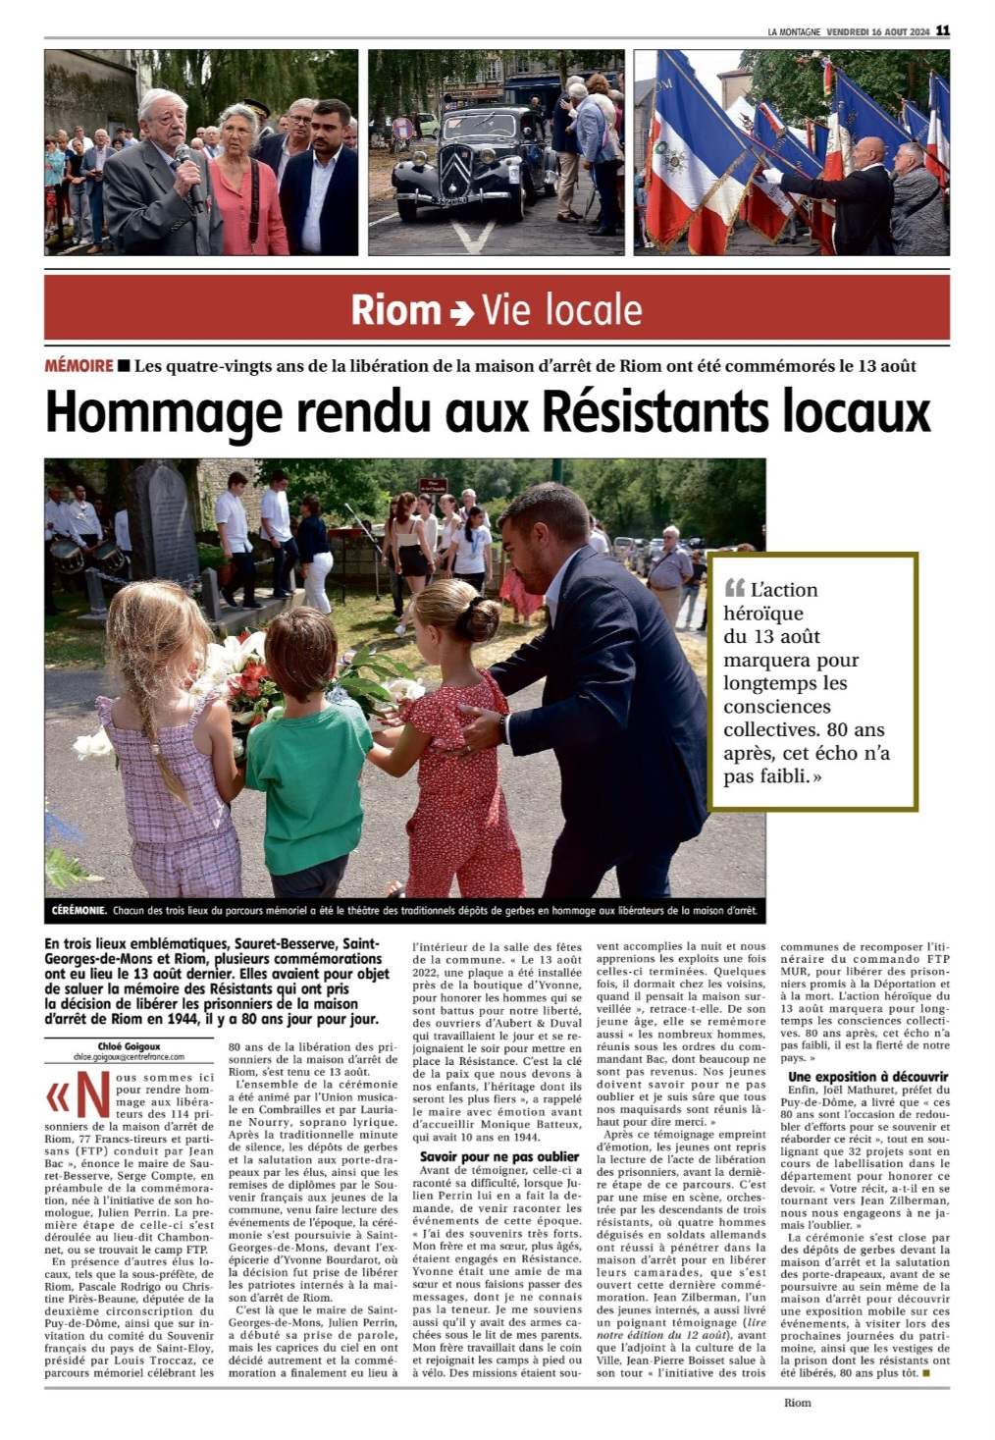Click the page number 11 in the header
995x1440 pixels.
tap(942, 30)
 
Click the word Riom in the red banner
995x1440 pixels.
tap(395, 310)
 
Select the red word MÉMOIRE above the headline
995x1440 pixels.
tap(79, 366)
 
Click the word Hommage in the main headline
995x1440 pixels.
tap(164, 411)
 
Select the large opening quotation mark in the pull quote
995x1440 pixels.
tap(734, 589)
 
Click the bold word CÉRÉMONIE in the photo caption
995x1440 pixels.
tap(79, 911)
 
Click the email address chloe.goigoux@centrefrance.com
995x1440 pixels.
tap(129, 1057)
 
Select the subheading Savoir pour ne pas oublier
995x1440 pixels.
tap(498, 1156)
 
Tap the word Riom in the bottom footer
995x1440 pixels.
tap(797, 1402)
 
